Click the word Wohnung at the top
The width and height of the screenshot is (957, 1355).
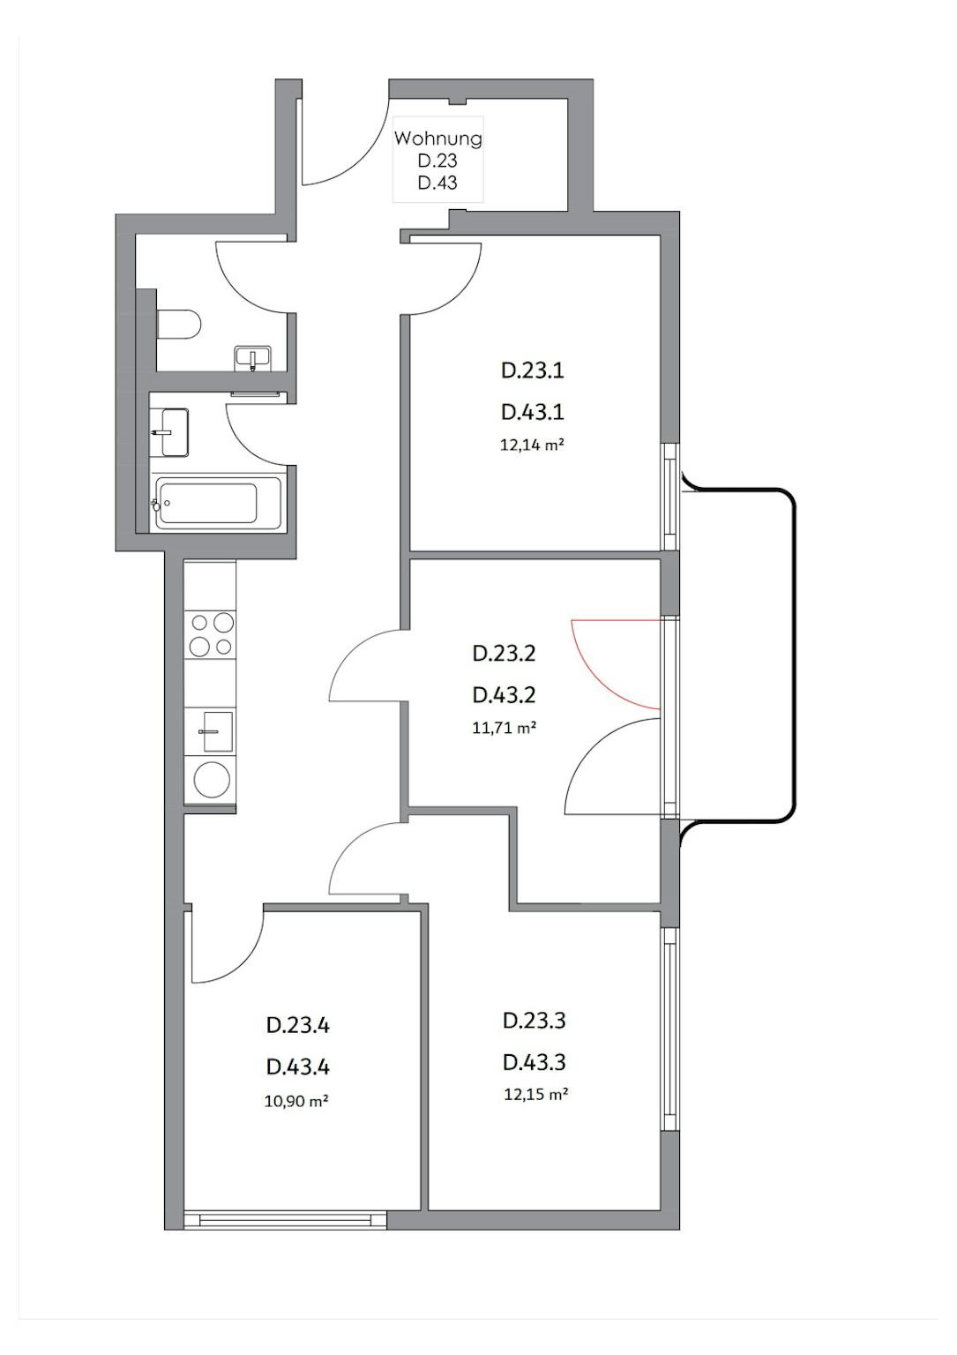pos(438,138)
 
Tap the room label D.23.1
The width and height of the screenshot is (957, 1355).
pos(533,371)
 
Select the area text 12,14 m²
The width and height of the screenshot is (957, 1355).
pos(533,445)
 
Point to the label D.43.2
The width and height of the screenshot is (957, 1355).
pos(504,696)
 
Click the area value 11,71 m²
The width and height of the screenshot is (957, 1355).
pos(504,728)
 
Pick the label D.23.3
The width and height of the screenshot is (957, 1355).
pos(535,1021)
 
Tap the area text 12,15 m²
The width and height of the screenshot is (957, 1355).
pos(535,1094)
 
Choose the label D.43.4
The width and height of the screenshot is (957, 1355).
pos(297,1067)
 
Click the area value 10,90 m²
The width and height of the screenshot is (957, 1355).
pos(295,1102)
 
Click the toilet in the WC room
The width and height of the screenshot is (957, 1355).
pos(178,325)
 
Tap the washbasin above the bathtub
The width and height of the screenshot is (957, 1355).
pos(172,432)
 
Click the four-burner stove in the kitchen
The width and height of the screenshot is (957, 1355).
pos(211,634)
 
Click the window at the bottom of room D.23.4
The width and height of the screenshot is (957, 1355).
pos(285,1219)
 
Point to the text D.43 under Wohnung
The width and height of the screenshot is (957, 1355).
pos(437,182)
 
